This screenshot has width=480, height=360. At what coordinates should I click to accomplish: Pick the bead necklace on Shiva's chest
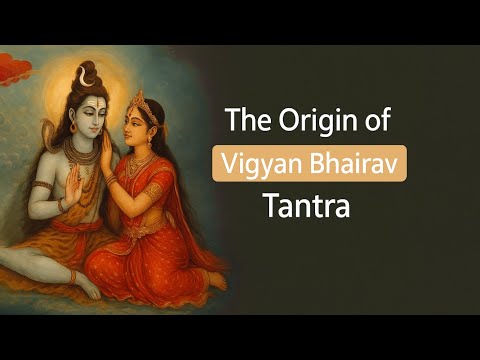[x=80, y=160]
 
